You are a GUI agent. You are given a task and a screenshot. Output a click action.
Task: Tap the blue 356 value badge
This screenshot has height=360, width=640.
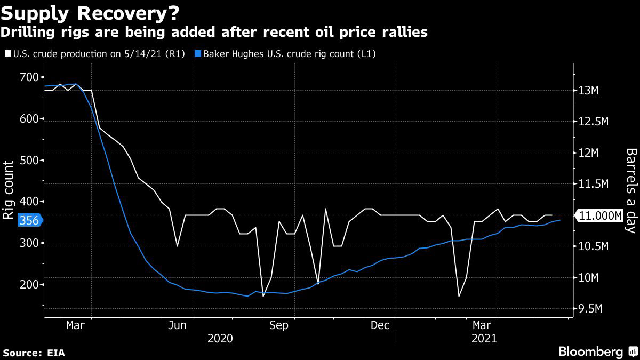click(x=29, y=220)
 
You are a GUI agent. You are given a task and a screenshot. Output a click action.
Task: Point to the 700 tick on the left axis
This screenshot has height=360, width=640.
click(x=30, y=77)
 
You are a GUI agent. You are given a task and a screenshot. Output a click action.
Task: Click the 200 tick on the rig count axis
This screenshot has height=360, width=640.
click(x=30, y=285)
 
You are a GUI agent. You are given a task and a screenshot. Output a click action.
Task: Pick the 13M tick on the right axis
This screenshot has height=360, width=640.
click(x=589, y=91)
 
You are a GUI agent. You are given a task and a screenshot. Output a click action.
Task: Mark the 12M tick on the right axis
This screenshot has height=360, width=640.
click(x=589, y=153)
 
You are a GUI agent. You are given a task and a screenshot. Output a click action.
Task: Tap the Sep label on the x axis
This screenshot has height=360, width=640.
click(x=278, y=325)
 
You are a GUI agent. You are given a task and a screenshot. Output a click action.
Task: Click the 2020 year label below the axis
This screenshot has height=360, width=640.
click(x=220, y=338)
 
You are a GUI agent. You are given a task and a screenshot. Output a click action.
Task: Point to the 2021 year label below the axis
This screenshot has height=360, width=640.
click(x=483, y=338)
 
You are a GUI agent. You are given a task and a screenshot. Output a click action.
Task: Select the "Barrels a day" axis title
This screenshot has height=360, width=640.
click(x=631, y=190)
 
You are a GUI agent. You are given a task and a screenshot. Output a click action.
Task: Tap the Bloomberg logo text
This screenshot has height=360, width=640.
click(x=590, y=351)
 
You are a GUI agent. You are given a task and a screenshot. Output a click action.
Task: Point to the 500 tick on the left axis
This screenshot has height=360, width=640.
click(x=30, y=160)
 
